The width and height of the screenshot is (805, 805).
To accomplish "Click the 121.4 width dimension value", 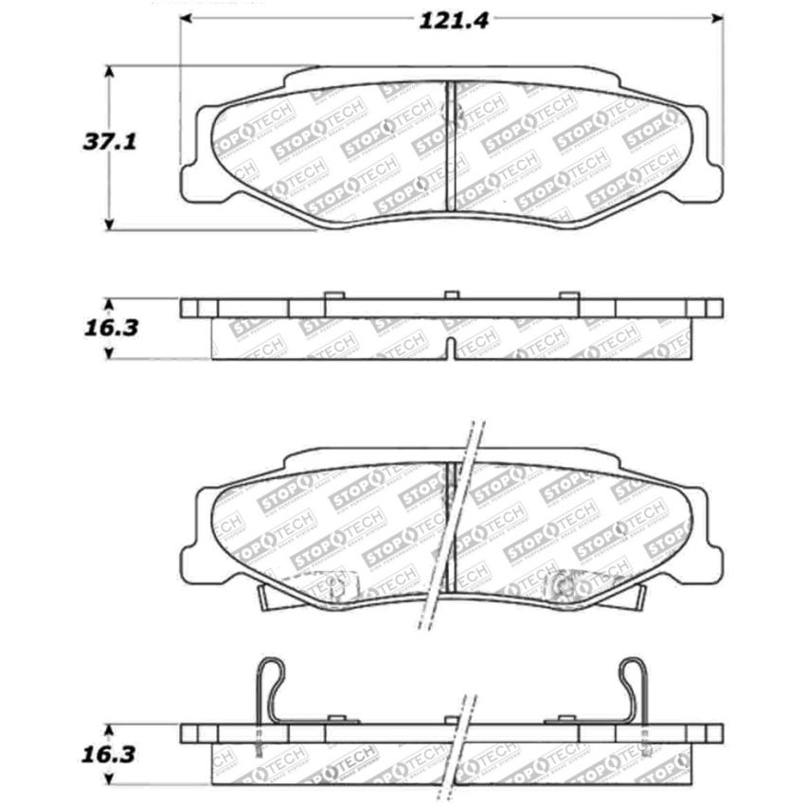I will point(454,20).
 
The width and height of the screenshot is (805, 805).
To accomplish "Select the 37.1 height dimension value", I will point(110,142).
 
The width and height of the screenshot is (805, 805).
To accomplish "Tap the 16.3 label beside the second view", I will point(110,328).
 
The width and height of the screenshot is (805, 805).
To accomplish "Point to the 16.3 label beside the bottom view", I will point(110,755).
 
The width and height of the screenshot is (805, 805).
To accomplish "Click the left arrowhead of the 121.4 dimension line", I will point(187,19).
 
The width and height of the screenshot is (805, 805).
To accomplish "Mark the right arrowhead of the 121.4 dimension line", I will point(717,19).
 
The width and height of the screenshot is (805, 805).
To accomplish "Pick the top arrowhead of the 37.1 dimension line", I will point(110,72).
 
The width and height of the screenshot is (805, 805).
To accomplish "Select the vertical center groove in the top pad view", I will point(450,146).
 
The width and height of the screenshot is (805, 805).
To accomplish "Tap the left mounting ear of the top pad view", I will point(192,175).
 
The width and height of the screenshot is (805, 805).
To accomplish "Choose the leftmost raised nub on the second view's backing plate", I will point(332,295).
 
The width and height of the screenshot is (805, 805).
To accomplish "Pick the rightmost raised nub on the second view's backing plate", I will point(569,295).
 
